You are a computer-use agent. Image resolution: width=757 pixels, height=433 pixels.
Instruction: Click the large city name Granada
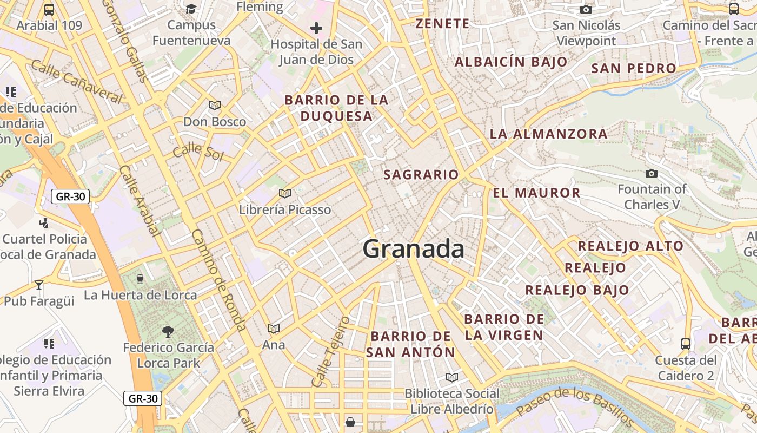click(413, 249)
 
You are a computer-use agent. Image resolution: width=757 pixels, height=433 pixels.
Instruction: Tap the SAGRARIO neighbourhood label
click(421, 174)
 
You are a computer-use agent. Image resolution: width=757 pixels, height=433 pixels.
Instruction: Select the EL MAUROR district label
click(536, 193)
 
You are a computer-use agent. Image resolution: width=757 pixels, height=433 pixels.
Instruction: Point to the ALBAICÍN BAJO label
click(511, 62)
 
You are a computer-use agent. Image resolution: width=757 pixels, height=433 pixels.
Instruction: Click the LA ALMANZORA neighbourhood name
click(548, 134)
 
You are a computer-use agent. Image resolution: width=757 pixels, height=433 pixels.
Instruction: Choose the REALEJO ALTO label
click(630, 246)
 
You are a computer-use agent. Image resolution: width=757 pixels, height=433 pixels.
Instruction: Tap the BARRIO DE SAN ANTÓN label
click(411, 344)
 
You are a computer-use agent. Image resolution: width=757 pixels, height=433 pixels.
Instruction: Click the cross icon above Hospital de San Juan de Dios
click(316, 28)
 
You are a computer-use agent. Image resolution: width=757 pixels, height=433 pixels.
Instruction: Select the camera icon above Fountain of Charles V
click(652, 173)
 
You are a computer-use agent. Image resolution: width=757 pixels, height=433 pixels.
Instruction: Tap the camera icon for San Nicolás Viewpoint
click(586, 9)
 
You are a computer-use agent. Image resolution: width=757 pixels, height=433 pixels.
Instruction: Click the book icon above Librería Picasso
click(285, 193)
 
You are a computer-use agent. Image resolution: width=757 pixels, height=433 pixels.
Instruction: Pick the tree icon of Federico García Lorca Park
click(168, 331)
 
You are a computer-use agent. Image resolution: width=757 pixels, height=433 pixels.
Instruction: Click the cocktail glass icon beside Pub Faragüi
click(39, 285)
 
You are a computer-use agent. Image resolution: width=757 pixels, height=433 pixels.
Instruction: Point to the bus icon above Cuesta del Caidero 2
click(685, 344)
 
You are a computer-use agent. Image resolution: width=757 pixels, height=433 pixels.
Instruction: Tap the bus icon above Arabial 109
click(49, 9)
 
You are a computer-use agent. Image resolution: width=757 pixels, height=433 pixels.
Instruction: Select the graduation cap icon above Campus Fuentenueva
click(191, 9)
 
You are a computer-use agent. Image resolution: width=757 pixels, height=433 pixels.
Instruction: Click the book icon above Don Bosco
click(215, 105)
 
